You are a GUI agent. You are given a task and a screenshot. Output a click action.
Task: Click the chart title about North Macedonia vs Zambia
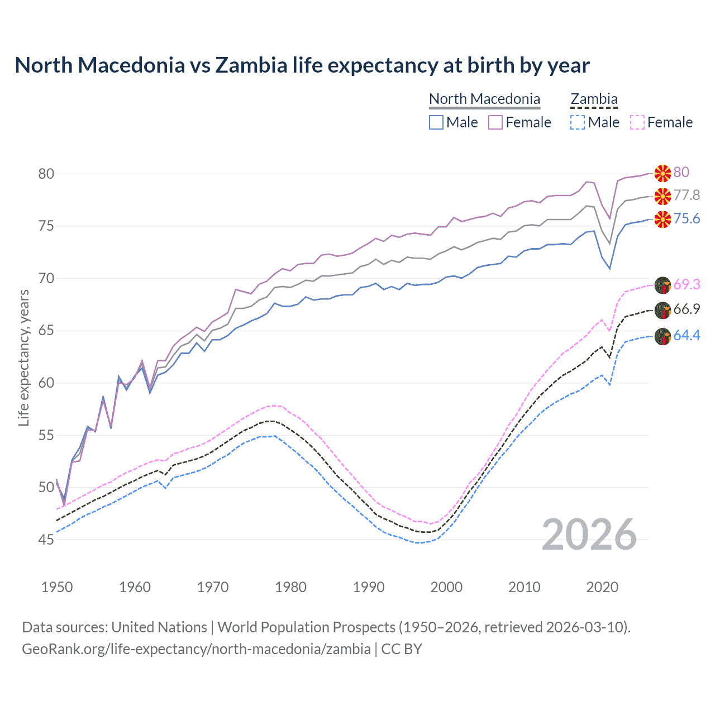tap(302, 65)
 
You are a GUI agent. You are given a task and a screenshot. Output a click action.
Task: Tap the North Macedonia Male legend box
tap(436, 122)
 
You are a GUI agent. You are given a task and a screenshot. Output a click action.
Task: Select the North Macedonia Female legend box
tap(495, 122)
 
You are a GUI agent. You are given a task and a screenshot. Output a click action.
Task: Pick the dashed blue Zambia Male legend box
tap(578, 122)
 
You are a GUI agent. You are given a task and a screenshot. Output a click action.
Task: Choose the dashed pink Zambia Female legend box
tap(637, 122)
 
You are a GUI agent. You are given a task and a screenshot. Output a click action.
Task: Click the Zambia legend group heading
tap(594, 99)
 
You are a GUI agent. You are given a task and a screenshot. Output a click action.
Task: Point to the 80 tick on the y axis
tap(46, 174)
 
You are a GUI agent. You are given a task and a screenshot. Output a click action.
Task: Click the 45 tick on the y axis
tap(46, 540)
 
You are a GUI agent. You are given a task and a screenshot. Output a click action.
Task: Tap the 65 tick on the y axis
tap(46, 331)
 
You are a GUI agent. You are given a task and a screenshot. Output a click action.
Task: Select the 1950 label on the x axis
tap(57, 587)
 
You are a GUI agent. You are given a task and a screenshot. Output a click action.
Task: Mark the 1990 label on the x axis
tap(369, 587)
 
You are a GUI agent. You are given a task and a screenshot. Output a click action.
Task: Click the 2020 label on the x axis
tap(602, 587)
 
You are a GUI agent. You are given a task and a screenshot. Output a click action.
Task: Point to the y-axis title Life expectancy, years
tap(23, 357)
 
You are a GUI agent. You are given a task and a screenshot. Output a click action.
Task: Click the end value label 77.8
tap(687, 196)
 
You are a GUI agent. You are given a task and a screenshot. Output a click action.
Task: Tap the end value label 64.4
tap(687, 336)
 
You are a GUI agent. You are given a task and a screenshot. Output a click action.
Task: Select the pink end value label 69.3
tap(687, 285)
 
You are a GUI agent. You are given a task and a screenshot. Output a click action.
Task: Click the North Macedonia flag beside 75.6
tap(662, 220)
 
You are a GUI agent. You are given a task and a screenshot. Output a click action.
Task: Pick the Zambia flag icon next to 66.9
tap(662, 310)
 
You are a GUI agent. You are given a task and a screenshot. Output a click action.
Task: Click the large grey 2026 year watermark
tap(589, 535)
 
